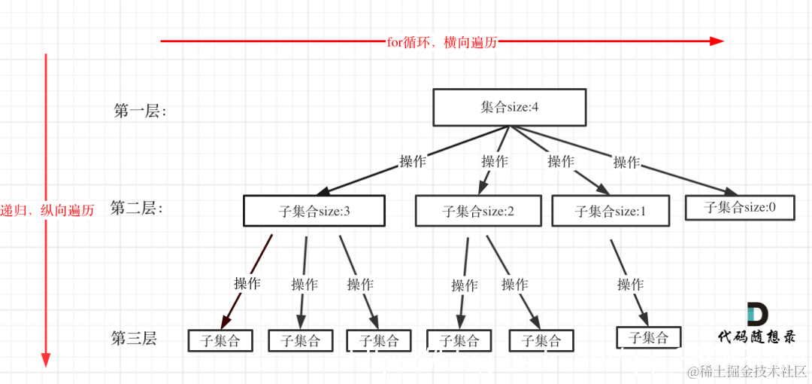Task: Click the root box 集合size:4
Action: pos(509,107)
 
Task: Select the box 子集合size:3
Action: pos(314,211)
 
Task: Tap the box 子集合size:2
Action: pos(478,211)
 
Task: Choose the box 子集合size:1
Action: pos(611,211)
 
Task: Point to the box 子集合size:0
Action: pos(740,207)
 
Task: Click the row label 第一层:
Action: pos(140,111)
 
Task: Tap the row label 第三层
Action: pos(134,339)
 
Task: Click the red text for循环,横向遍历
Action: pos(442,42)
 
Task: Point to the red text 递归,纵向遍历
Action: pos(47,210)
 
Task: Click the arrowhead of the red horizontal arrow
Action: pos(717,41)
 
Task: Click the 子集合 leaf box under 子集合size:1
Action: pos(648,337)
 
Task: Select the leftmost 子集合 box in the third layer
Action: pos(220,340)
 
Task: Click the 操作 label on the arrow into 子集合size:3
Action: pos(413,161)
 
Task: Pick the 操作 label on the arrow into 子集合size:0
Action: pos(626,162)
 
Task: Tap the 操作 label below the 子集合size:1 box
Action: pos(630,285)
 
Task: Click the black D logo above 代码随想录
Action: pos(757,315)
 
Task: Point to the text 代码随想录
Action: pos(756,337)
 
